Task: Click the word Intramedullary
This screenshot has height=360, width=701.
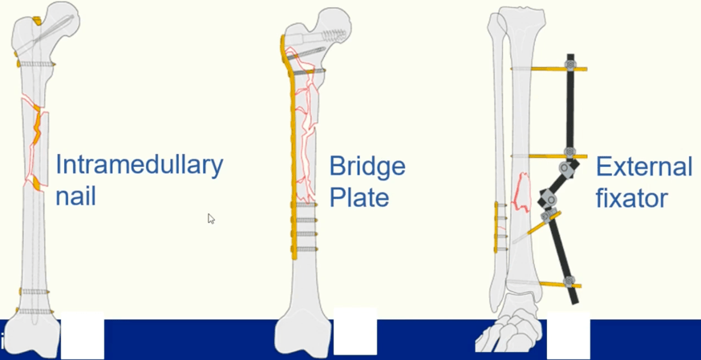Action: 139,166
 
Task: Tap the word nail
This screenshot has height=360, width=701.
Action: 75,196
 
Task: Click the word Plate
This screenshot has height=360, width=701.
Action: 359,197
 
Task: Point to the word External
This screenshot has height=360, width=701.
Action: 644,167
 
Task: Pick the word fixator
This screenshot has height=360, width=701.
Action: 632,198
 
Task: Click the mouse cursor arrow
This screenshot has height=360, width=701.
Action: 211,218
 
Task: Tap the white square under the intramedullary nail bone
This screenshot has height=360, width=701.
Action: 83,335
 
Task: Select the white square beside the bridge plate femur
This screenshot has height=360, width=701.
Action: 355,331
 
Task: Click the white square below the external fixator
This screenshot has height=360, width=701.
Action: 568,335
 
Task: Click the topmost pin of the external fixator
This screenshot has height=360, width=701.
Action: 549,69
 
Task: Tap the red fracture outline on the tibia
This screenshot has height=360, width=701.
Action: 521,192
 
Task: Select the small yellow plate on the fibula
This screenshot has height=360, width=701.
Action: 496,227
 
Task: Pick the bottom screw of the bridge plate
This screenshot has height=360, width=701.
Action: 306,249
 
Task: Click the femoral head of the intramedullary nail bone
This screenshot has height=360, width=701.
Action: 63,18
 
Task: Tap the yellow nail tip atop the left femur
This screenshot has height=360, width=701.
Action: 37,21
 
